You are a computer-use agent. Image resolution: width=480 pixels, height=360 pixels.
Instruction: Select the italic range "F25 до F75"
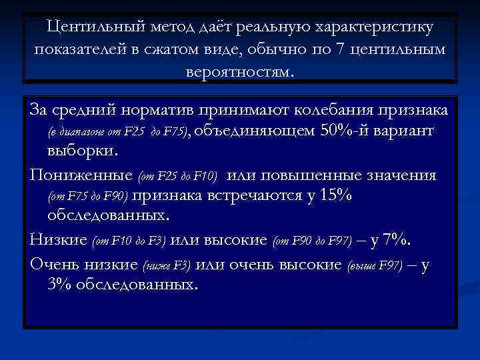149,132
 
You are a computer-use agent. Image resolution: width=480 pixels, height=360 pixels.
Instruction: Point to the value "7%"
399,239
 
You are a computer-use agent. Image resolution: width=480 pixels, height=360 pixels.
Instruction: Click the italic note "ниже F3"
167,265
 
